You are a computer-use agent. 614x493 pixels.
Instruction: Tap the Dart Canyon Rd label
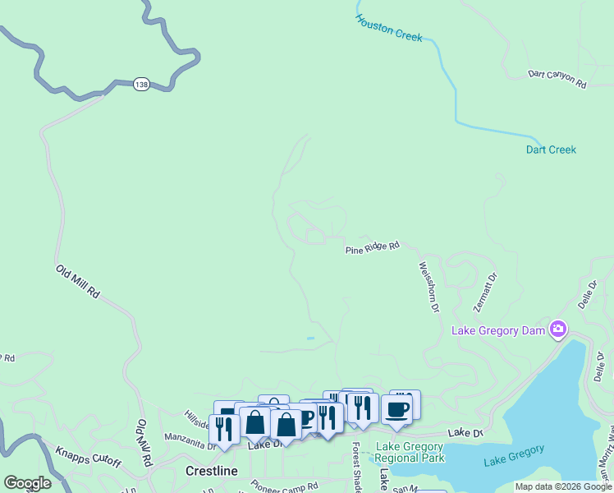[x=557, y=80]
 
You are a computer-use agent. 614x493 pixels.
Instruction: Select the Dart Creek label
[x=551, y=150]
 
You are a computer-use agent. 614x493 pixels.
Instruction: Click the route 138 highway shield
[x=141, y=84]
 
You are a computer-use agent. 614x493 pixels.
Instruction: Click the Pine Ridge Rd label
[x=372, y=246]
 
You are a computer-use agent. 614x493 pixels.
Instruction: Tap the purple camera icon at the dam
[x=558, y=329]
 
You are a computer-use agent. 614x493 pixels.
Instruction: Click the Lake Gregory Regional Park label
[x=410, y=452]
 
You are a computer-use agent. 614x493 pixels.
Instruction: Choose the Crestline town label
[x=211, y=471]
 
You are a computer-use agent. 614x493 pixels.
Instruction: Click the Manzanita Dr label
[x=189, y=442]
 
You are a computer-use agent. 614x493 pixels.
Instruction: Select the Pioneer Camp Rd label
[x=284, y=486]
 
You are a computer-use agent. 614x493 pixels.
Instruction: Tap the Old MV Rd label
[x=144, y=444]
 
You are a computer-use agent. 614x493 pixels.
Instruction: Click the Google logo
[x=27, y=483]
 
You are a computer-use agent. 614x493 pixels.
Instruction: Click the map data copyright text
[x=563, y=486]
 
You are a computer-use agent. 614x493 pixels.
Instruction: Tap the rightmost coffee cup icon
[x=397, y=409]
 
